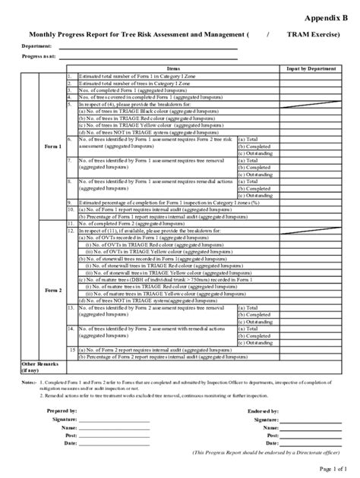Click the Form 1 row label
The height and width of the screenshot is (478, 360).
(x=41, y=144)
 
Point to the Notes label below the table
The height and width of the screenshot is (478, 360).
(x=28, y=382)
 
